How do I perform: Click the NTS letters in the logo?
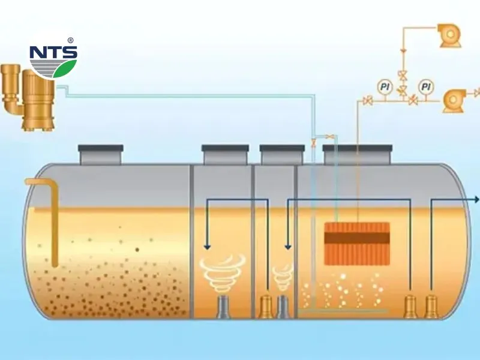[x=53, y=52]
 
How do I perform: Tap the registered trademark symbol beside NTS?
[x=71, y=40]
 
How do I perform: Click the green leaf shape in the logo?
[x=65, y=68]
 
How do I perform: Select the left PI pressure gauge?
[x=385, y=87]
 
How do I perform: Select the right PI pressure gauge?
[x=426, y=87]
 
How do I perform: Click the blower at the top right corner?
[x=449, y=35]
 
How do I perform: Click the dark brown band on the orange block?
[x=357, y=238]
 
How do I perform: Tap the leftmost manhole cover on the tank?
[x=101, y=155]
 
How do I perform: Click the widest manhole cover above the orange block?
[x=357, y=154]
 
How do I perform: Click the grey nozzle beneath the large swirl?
[x=224, y=307]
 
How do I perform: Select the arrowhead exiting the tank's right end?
[x=476, y=200]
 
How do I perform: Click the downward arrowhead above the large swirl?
[x=208, y=247]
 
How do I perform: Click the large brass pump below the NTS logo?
[x=38, y=100]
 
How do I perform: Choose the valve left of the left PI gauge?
[x=368, y=100]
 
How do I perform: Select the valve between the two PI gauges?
[x=402, y=91]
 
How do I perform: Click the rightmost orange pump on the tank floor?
[x=431, y=307]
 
